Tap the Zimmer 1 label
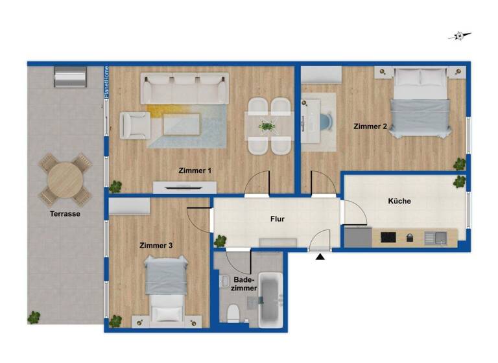[195, 170]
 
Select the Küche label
[399, 201]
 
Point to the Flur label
[278, 219]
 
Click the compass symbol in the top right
[460, 36]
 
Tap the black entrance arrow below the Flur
[320, 258]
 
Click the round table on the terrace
[65, 178]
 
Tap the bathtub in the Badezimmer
[270, 300]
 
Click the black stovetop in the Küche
[388, 238]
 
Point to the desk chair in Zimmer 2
[324, 121]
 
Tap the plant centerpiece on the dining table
[267, 126]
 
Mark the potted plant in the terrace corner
[33, 317]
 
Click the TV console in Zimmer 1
[185, 187]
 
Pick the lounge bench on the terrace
[70, 78]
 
